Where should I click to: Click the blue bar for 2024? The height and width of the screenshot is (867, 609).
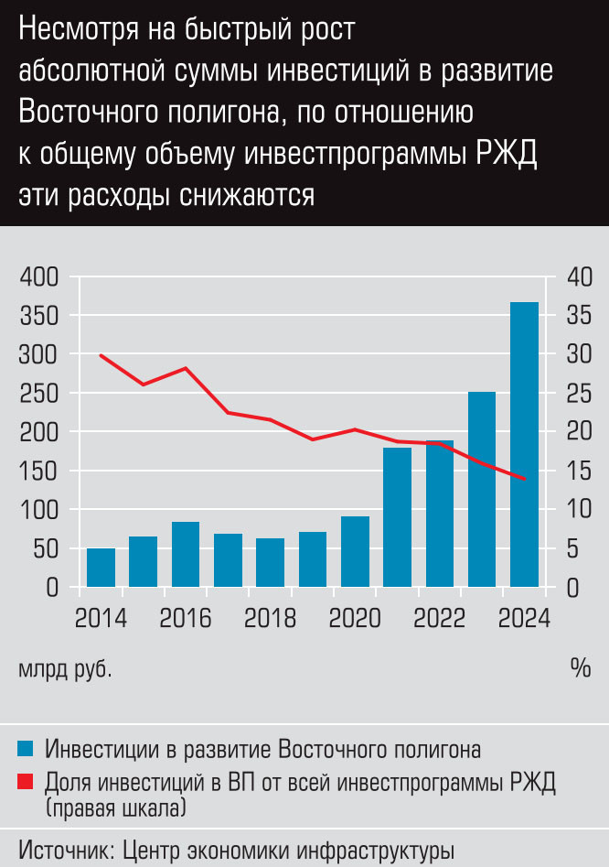pyautogui.click(x=524, y=444)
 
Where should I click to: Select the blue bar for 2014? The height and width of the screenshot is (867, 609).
pyautogui.click(x=101, y=568)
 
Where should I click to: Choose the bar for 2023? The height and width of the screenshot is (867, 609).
pyautogui.click(x=482, y=489)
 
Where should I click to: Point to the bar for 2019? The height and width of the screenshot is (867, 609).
pyautogui.click(x=313, y=559)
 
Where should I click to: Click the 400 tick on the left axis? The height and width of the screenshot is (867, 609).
pyautogui.click(x=38, y=276)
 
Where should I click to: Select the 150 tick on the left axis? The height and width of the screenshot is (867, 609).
pyautogui.click(x=38, y=471)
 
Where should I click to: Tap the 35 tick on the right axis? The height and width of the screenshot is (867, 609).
pyautogui.click(x=579, y=316)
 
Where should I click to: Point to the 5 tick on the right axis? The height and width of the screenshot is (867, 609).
pyautogui.click(x=573, y=548)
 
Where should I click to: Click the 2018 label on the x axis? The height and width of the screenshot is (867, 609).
pyautogui.click(x=270, y=619)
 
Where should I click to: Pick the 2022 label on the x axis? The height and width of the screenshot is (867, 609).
pyautogui.click(x=440, y=619)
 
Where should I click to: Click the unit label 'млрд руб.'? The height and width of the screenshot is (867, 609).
pyautogui.click(x=66, y=668)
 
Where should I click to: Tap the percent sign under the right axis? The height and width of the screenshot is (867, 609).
pyautogui.click(x=581, y=667)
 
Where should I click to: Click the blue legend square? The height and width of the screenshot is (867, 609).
pyautogui.click(x=26, y=750)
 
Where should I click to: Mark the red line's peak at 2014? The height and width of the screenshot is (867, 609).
pyautogui.click(x=101, y=355)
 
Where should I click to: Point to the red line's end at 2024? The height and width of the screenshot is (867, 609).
pyautogui.click(x=524, y=479)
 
